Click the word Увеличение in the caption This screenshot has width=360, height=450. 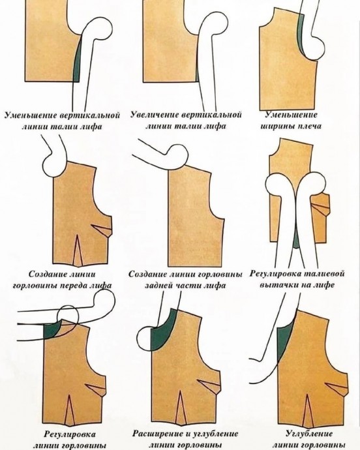pyautogui.click(x=154, y=115)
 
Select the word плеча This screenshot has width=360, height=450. pyautogui.click(x=310, y=127)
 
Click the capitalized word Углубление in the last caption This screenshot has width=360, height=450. pyautogui.click(x=309, y=433)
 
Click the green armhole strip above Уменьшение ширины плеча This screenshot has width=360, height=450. pyautogui.click(x=301, y=33)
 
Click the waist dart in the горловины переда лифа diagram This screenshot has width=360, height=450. pyautogui.click(x=78, y=250)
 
